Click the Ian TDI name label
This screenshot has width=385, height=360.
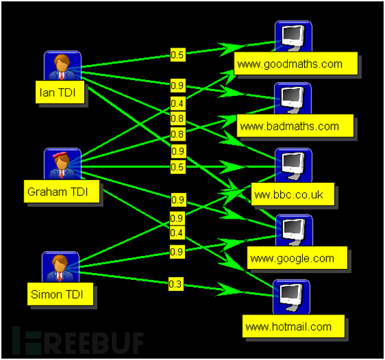60,92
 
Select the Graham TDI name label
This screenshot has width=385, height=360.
61,192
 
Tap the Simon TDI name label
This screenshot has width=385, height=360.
60,294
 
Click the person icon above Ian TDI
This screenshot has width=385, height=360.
62,66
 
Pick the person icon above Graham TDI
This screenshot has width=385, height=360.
62,164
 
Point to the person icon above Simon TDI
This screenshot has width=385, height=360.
61,267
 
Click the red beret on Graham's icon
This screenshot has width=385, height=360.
59,154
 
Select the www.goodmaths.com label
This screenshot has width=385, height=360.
295,63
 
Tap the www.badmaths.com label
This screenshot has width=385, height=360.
295,126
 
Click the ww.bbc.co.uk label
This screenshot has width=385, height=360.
293,194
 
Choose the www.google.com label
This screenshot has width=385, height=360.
297,258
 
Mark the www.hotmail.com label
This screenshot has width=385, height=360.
293,326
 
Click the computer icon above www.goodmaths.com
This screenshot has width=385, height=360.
293,37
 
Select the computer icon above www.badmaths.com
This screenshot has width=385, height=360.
293,99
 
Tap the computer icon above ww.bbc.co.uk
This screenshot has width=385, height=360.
293,166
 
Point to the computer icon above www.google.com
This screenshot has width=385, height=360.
294,230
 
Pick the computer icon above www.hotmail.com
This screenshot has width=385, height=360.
291,297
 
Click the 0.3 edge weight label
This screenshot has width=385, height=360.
176,284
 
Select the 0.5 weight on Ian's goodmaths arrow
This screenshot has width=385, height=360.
178,54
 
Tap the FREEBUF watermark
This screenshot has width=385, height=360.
78,341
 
